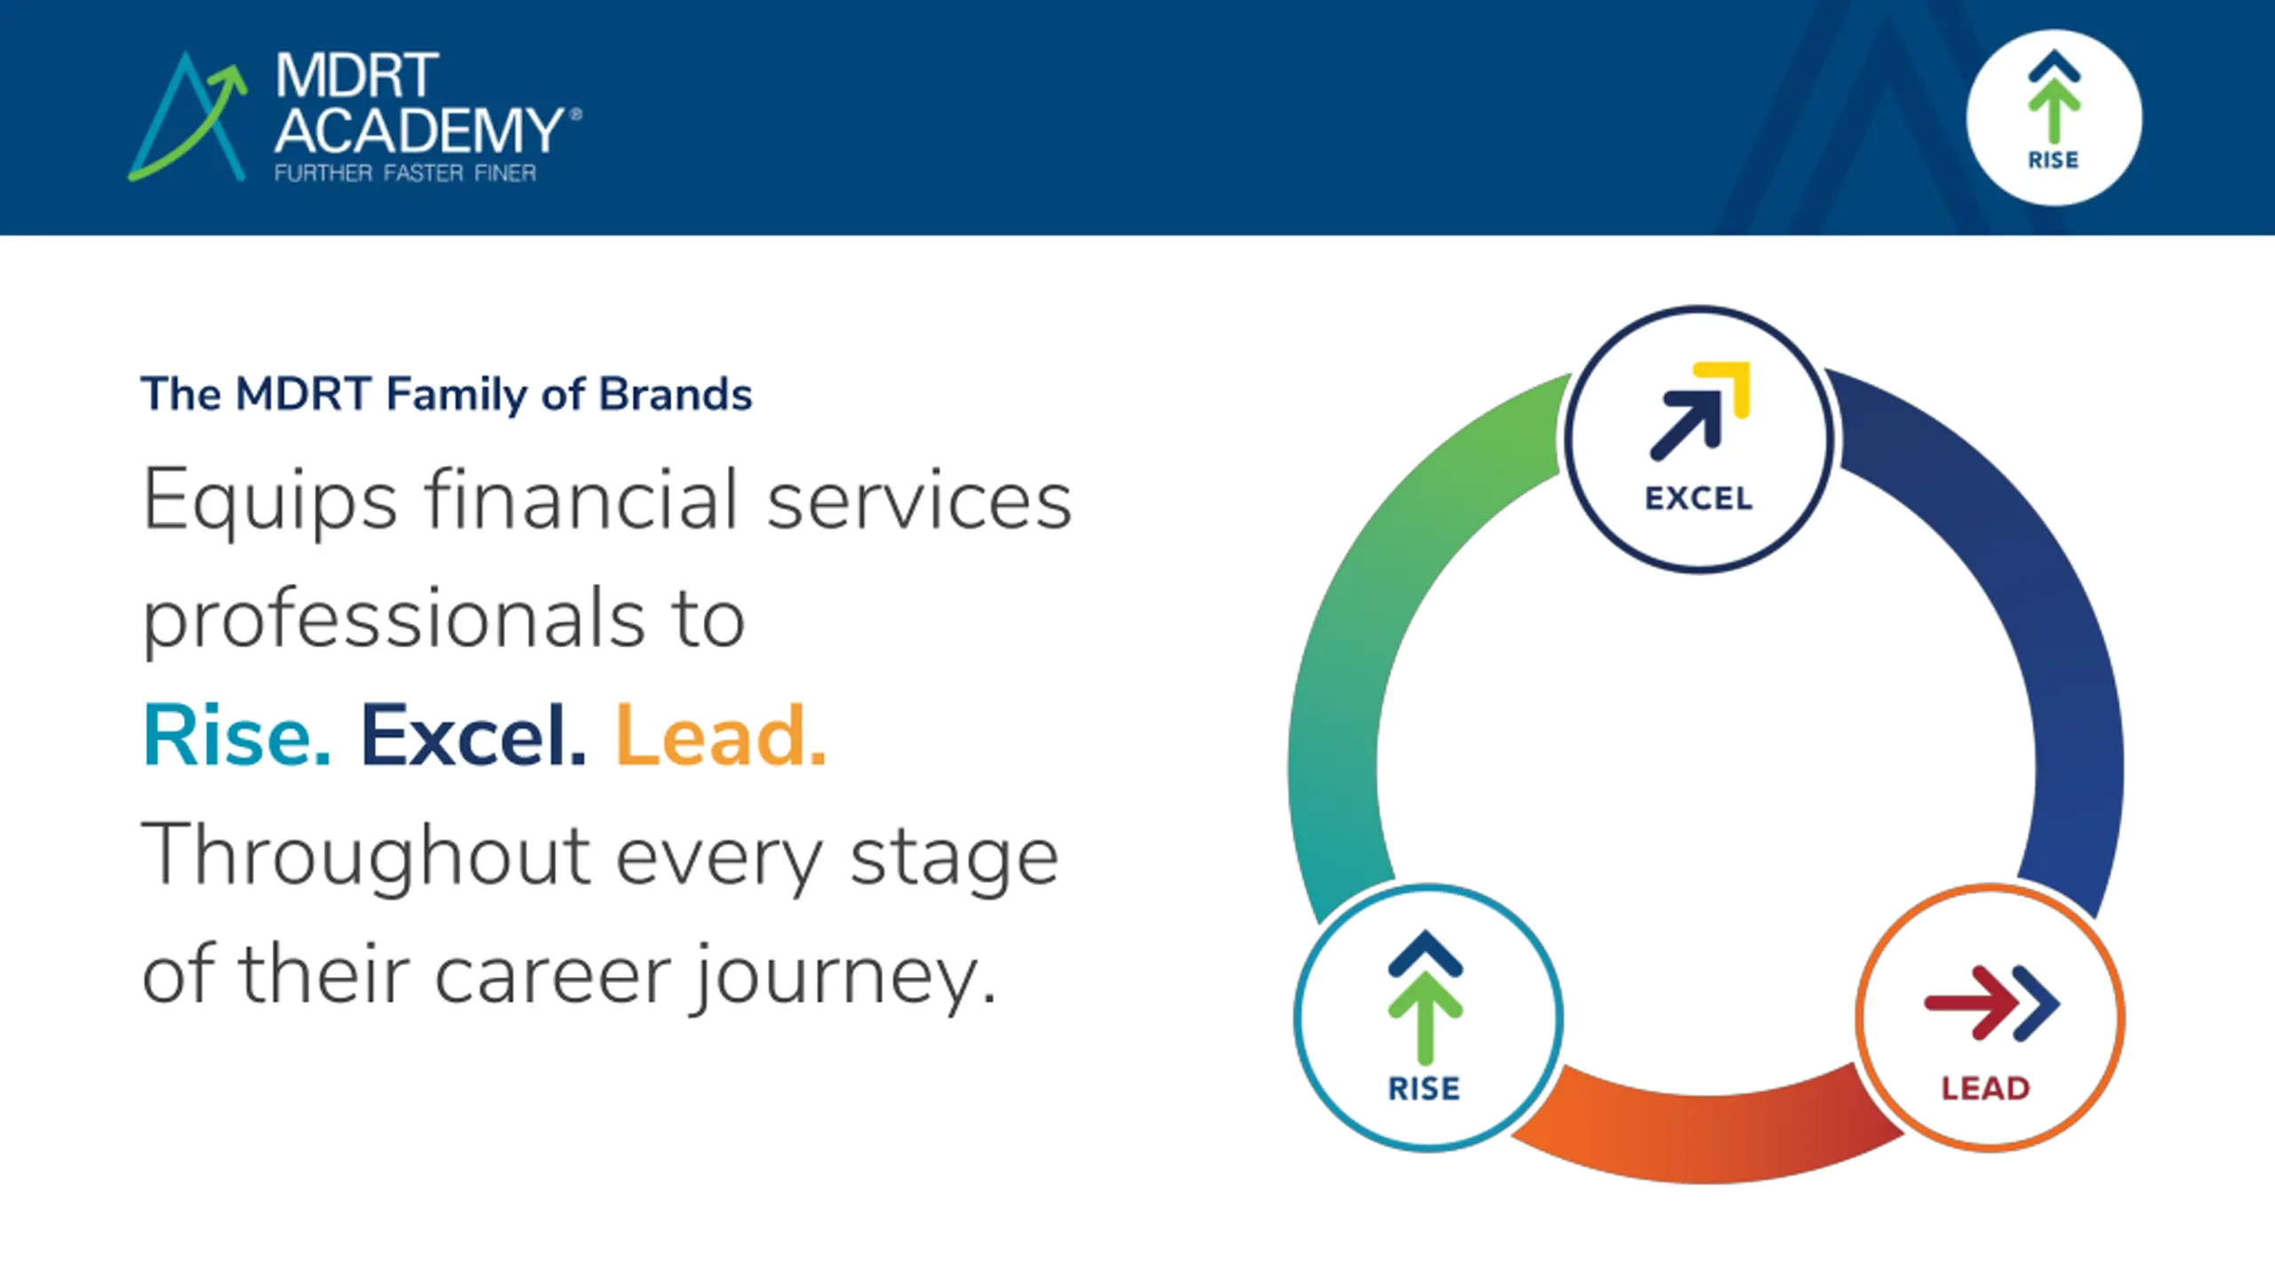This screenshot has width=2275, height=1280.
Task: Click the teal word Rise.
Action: tap(236, 735)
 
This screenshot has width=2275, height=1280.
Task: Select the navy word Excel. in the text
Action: tap(473, 735)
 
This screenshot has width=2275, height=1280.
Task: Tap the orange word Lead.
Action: tap(721, 735)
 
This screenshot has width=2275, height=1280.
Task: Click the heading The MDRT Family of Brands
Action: tap(446, 395)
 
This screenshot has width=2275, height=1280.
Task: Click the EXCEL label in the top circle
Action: tap(1698, 499)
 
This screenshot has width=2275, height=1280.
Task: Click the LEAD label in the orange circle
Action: tap(1985, 1089)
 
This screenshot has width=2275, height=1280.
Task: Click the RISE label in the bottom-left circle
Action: tap(1424, 1089)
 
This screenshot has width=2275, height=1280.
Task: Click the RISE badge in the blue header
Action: tap(2054, 117)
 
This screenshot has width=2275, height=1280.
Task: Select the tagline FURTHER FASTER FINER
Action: tap(405, 172)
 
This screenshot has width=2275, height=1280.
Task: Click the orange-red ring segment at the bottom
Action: tap(1706, 1138)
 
